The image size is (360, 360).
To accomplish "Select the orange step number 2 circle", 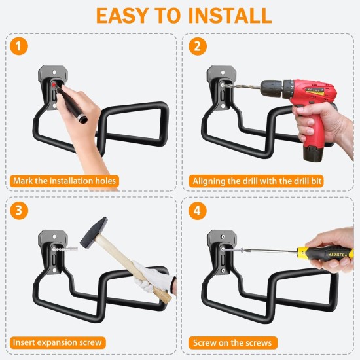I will pyautogui.click(x=196, y=46).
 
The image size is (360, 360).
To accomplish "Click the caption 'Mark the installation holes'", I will pyautogui.click(x=64, y=181).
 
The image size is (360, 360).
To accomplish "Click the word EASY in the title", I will pyautogui.click(x=122, y=15).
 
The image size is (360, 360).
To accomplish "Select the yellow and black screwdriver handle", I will pyautogui.click(x=327, y=252).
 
